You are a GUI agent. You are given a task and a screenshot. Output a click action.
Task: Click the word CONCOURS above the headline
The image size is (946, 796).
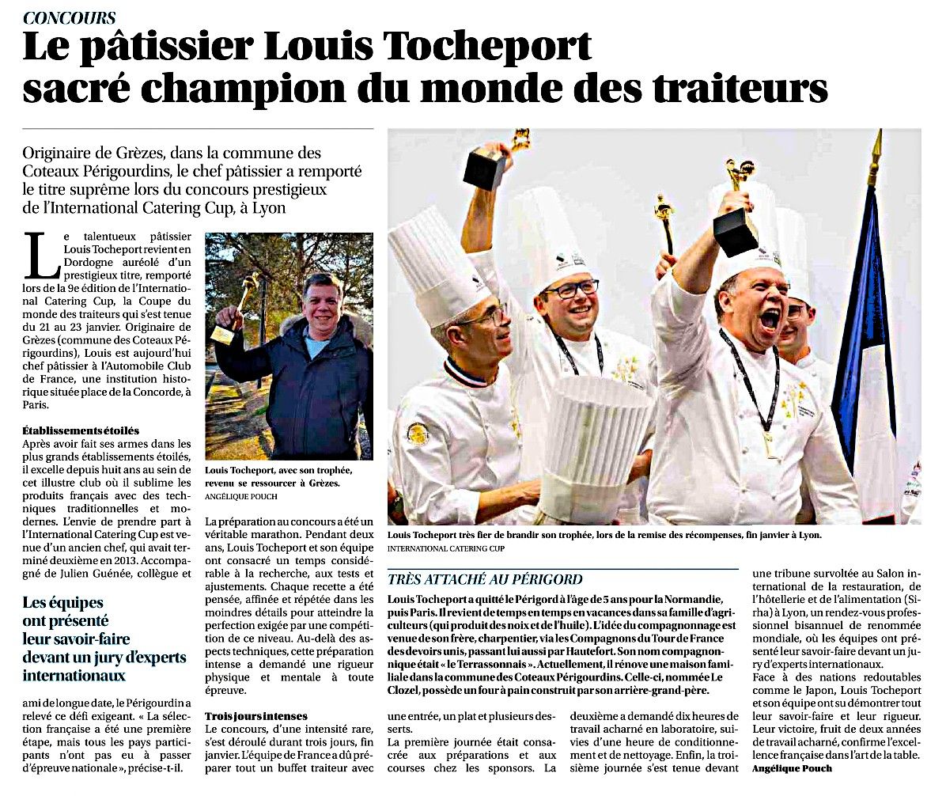click(x=70, y=17)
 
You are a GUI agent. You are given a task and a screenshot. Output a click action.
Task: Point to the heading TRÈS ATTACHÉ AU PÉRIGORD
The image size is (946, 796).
click(x=485, y=579)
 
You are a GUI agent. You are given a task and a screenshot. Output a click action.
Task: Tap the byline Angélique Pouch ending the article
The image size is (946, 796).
click(x=792, y=768)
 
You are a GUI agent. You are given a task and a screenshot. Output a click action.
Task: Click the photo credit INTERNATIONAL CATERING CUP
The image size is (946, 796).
click(x=446, y=548)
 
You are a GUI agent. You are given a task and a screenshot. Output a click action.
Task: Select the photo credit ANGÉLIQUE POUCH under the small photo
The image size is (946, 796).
click(x=241, y=496)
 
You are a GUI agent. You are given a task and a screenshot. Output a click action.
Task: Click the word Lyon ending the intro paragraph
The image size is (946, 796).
click(x=266, y=208)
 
